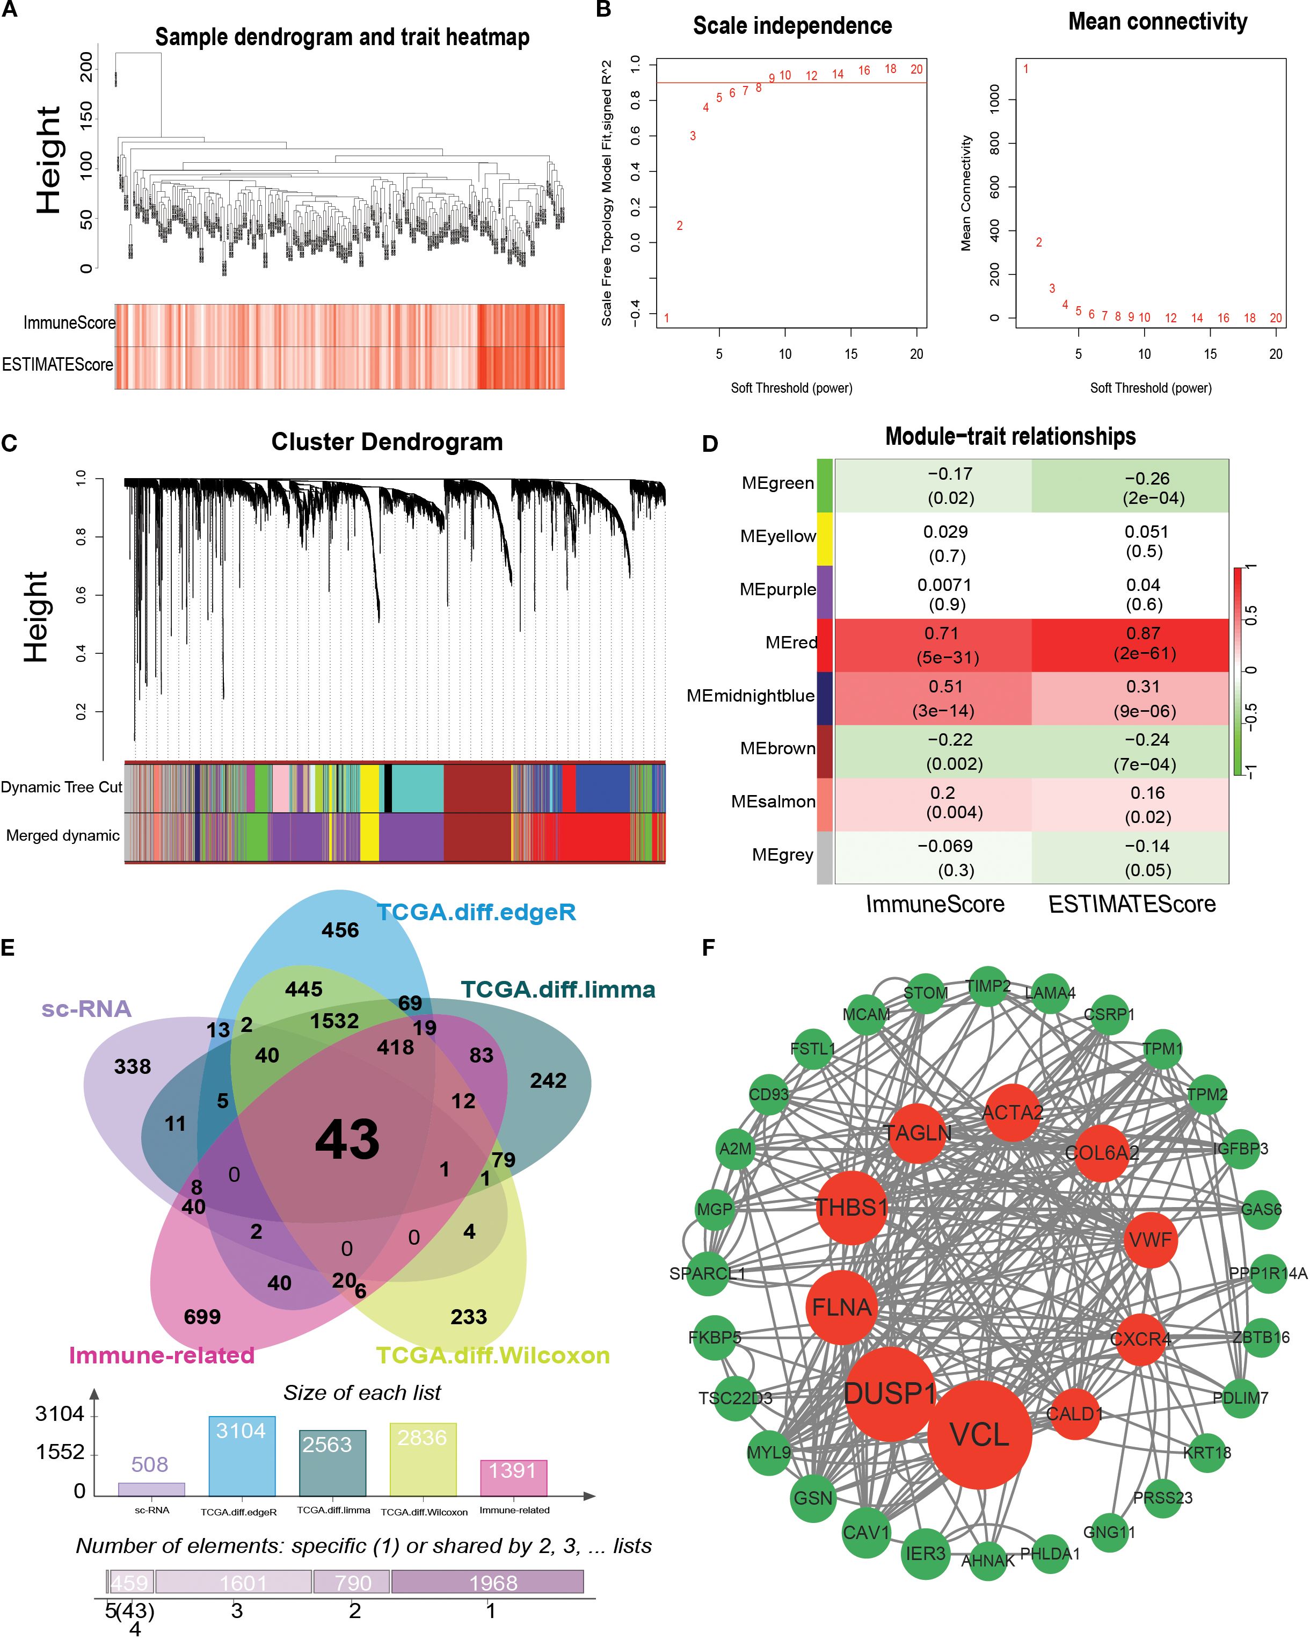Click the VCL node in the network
coord(979,1434)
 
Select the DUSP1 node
coord(889,1393)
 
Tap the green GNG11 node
coord(1109,1532)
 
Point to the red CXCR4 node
coord(1140,1339)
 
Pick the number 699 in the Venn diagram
coord(202,1317)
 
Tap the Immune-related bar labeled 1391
coord(513,1478)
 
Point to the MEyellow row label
coord(777,537)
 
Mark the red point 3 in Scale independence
coord(692,136)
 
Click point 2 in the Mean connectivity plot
coord(1039,242)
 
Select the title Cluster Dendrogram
coord(387,442)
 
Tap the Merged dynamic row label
coord(62,835)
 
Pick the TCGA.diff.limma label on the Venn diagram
coord(558,990)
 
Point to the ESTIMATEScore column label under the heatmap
coord(1131,904)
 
